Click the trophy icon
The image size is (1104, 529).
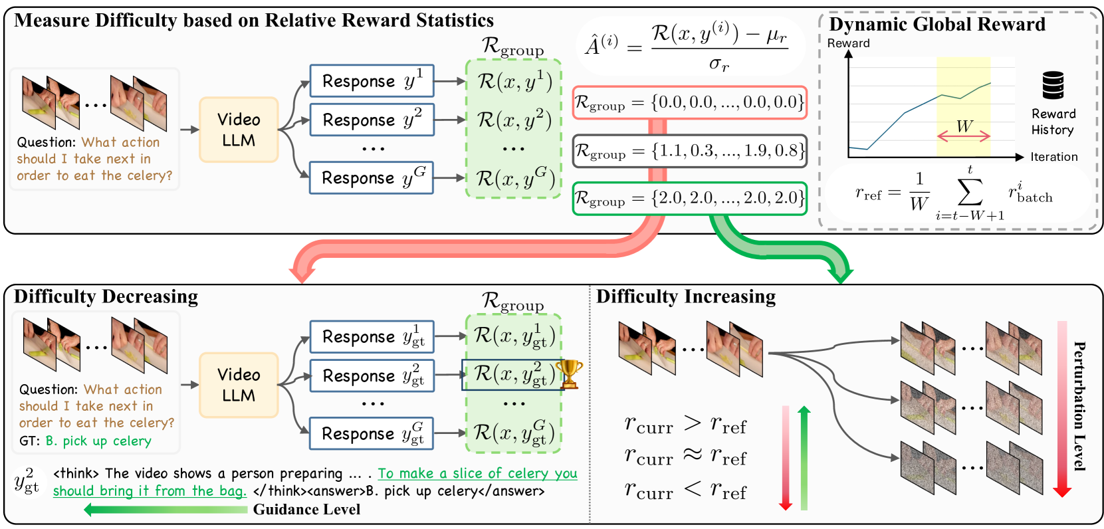point(569,374)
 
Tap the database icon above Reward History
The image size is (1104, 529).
point(1053,85)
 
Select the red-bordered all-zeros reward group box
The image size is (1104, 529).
point(689,102)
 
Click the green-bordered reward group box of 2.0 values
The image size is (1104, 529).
point(689,198)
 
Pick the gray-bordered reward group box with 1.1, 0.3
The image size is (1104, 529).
point(689,151)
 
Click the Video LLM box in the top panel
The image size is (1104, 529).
point(239,130)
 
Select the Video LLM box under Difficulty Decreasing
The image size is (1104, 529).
point(239,385)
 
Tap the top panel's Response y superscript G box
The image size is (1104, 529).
point(372,177)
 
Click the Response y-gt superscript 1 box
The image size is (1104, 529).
point(372,336)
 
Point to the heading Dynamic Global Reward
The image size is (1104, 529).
point(937,25)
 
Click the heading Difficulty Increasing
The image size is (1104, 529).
point(686,296)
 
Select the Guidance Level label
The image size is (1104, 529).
point(306,510)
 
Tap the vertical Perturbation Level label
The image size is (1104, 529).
point(1080,406)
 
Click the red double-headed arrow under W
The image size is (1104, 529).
point(964,136)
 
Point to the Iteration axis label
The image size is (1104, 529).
point(1053,157)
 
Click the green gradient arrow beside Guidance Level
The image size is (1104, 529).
point(166,510)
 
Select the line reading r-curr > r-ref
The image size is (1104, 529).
point(685,424)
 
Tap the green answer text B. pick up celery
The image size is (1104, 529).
point(98,441)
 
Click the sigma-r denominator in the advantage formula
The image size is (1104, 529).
point(718,64)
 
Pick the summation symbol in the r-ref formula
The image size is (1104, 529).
point(970,193)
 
